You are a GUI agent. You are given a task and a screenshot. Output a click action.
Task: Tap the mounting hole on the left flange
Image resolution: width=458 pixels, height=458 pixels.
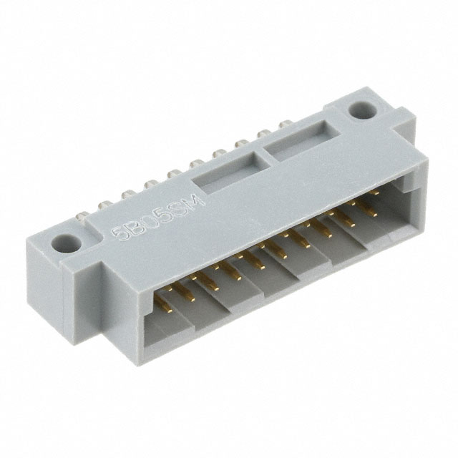[x=69, y=243]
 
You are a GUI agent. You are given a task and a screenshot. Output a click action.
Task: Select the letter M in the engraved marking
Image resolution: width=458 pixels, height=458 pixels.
[x=197, y=200]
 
